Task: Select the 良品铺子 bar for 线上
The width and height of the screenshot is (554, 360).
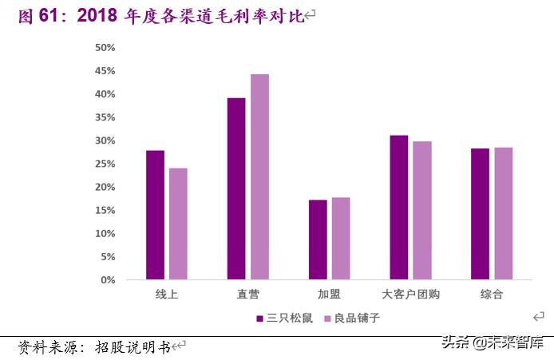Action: pyautogui.click(x=178, y=224)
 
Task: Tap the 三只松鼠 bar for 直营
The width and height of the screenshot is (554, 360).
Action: pyautogui.click(x=236, y=189)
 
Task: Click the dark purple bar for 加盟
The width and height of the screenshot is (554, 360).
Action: pyautogui.click(x=318, y=240)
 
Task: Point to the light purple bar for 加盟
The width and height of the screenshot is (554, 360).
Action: pyautogui.click(x=341, y=239)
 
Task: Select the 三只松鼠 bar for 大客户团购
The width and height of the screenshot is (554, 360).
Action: pyautogui.click(x=399, y=208)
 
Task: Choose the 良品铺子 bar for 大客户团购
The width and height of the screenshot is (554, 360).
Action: pyautogui.click(x=422, y=211)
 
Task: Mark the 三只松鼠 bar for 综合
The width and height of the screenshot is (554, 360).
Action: pyautogui.click(x=481, y=214)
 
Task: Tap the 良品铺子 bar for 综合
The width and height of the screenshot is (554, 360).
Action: pyautogui.click(x=504, y=214)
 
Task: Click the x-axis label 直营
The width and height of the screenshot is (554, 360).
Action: pyautogui.click(x=248, y=295)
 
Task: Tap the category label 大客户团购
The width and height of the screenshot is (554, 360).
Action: pyautogui.click(x=411, y=295)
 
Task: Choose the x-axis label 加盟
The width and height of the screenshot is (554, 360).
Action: pyautogui.click(x=330, y=295)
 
